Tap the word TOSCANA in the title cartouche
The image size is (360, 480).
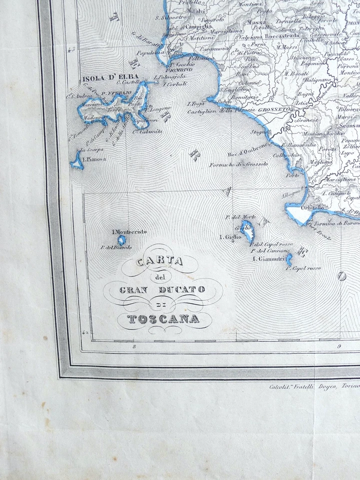coord(163,319)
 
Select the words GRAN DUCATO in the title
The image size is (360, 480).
coord(163,290)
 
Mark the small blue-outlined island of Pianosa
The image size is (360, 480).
coord(77,161)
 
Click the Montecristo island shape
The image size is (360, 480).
coord(121,240)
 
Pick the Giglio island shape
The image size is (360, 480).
coord(247,233)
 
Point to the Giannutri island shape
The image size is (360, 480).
coord(289,260)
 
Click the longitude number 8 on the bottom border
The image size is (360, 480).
coord(133,346)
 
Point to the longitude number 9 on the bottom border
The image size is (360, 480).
coord(339,346)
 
